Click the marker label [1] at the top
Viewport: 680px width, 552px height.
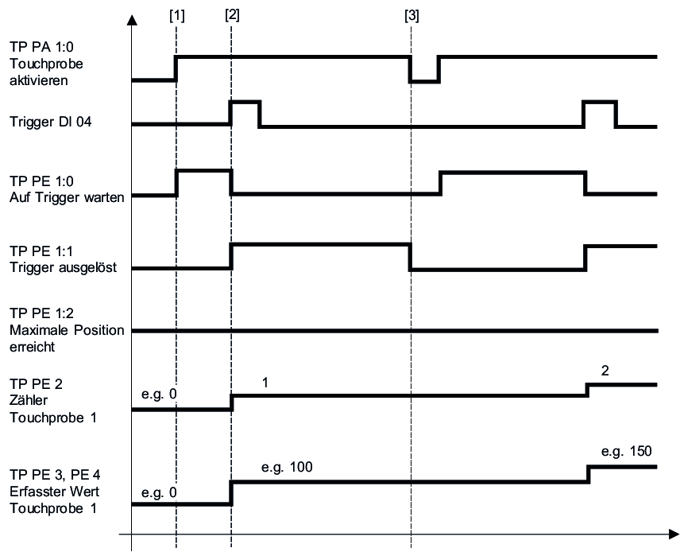pos(177,14)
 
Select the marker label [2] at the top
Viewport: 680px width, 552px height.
pos(231,14)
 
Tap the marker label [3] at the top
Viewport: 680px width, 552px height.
pos(411,14)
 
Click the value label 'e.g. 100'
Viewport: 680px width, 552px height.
pos(284,466)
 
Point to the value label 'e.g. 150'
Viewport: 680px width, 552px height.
pos(625,451)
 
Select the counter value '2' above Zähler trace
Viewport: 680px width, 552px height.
pos(607,371)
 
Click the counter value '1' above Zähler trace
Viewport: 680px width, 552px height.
pos(265,383)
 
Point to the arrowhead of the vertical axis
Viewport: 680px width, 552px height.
pos(132,17)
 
